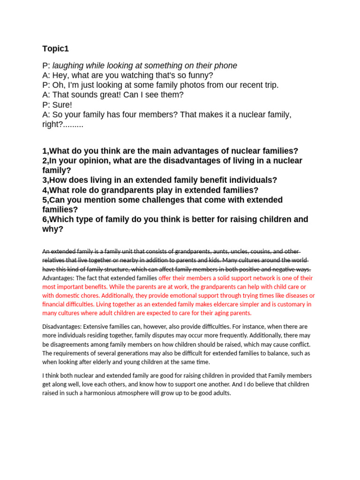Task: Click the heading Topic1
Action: coord(55,49)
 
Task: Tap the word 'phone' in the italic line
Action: coord(225,66)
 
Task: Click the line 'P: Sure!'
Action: coord(57,105)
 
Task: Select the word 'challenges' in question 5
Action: coord(143,200)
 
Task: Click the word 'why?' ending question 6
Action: coord(52,229)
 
